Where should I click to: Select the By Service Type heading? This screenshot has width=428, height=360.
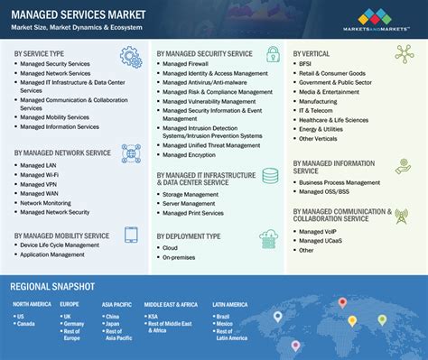pos(44,54)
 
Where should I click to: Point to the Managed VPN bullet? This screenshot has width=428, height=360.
pos(38,183)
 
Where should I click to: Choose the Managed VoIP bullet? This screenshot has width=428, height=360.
pos(319,232)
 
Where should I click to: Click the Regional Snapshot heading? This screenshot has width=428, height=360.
pos(60,286)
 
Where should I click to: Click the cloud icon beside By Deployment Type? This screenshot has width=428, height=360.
pos(268,240)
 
